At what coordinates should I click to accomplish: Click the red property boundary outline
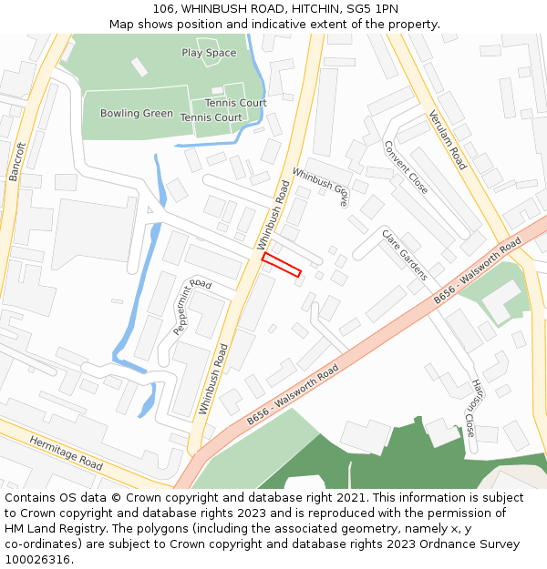pos(282,265)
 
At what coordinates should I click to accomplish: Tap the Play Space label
pos(209,53)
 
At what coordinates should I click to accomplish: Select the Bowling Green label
pos(137,114)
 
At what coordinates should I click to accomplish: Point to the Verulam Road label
pos(448,140)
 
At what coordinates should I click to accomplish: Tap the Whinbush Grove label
pos(320,188)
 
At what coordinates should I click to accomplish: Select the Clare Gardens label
pos(405,255)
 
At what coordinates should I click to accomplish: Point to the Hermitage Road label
pos(66,452)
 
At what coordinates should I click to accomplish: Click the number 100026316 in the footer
pos(37,559)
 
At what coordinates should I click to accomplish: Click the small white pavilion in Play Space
pos(139,66)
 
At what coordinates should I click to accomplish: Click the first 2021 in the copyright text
pos(350,498)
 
